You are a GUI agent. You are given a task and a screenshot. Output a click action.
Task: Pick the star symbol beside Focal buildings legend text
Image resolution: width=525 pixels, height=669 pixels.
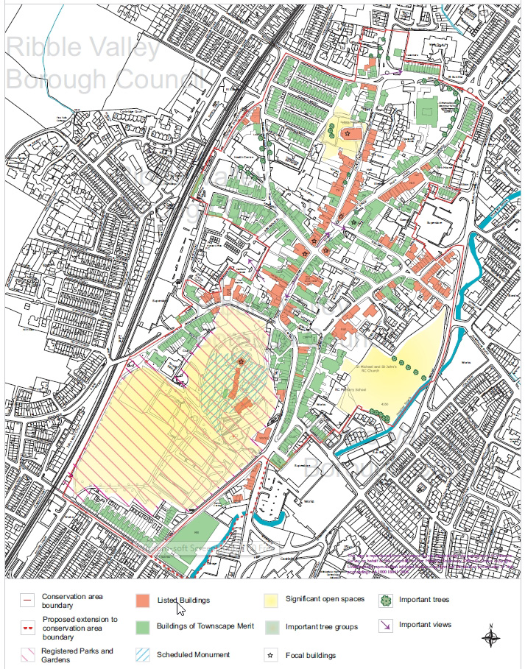272,654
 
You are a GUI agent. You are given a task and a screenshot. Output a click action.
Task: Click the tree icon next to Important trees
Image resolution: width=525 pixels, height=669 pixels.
385,600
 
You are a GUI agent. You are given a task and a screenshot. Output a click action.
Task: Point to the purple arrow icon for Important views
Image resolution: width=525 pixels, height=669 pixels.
385,626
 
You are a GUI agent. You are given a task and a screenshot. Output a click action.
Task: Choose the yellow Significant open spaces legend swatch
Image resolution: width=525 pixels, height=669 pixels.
272,600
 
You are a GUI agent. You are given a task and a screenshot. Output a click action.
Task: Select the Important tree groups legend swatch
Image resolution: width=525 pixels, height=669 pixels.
272,627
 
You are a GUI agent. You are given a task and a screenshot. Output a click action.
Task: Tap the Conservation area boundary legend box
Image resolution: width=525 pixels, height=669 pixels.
27,600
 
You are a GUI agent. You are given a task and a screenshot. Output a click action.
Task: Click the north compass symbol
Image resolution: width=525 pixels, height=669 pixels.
491,636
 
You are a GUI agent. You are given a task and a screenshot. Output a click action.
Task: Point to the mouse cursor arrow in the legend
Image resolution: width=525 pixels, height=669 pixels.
180,609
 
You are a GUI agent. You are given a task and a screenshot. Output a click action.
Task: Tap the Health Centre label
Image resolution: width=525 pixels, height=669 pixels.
243,155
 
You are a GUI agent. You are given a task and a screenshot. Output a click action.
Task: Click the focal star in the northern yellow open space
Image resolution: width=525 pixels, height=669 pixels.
347,132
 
